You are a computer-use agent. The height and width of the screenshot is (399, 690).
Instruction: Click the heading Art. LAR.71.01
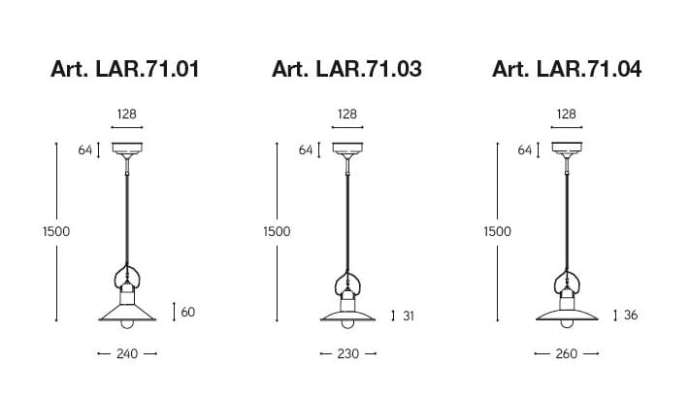coord(125,69)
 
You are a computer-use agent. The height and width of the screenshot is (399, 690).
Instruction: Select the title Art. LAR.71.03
coord(346,69)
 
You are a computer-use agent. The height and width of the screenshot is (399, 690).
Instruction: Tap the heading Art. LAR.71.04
coord(567,69)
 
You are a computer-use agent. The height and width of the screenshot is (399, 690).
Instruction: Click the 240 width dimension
coord(127,353)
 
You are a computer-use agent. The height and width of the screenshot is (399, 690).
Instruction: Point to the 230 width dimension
coord(348,353)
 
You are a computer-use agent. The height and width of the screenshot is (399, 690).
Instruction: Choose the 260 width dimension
coord(567,353)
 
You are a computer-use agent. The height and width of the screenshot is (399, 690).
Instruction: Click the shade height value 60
coord(188,312)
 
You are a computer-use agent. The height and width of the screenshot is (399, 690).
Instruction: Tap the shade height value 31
coord(409,316)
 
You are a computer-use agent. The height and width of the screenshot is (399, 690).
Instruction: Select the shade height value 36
coord(631,315)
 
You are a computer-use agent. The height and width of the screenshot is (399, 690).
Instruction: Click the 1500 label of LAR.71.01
coord(56,231)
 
